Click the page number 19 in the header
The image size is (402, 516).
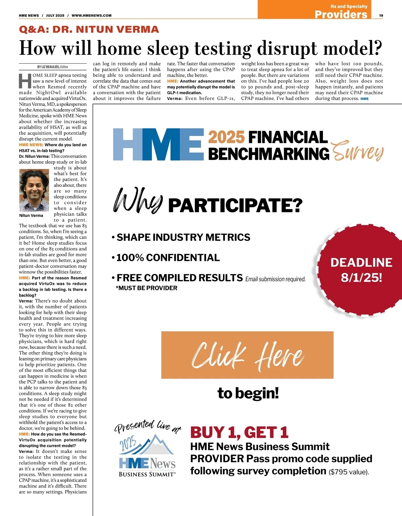(x=381, y=15)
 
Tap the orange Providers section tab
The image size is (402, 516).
(x=341, y=14)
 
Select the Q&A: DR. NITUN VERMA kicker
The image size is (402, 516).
(x=89, y=30)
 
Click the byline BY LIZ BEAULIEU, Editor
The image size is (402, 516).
(x=53, y=67)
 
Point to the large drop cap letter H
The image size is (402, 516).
(x=25, y=81)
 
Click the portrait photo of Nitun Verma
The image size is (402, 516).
(x=34, y=190)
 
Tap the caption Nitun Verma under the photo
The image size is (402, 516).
(x=31, y=216)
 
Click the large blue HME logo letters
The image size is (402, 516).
(x=158, y=145)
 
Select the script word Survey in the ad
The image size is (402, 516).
(x=357, y=152)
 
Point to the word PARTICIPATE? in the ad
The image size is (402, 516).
(x=235, y=206)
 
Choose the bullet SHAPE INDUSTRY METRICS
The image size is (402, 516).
(x=183, y=237)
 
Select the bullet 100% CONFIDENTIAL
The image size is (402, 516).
(x=168, y=257)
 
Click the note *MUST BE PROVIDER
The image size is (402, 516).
(x=146, y=288)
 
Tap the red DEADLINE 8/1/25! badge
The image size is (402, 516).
(x=361, y=270)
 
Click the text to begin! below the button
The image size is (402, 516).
(x=248, y=393)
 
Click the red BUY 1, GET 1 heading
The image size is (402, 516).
(x=239, y=432)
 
